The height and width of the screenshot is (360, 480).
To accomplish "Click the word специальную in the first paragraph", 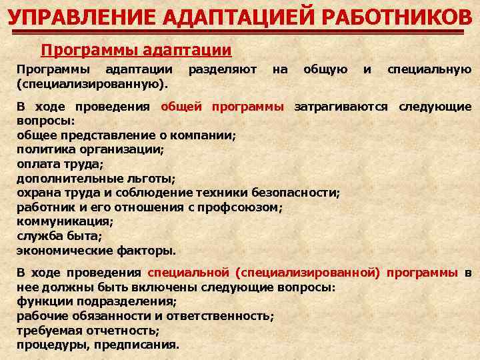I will (429, 69).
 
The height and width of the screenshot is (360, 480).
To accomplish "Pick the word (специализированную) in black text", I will (91, 84).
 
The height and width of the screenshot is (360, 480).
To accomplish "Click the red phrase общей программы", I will (223, 107).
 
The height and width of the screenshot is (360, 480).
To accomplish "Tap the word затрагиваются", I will (341, 107).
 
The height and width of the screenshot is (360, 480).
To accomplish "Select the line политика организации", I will (90, 149).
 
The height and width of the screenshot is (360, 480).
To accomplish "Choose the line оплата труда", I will (60, 164).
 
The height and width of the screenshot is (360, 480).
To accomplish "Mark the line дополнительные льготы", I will (96, 179).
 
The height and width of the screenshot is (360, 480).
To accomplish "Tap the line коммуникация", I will (65, 221).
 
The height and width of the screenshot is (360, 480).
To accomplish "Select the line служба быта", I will (59, 236).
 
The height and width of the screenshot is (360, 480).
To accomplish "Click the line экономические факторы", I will (96, 251).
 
